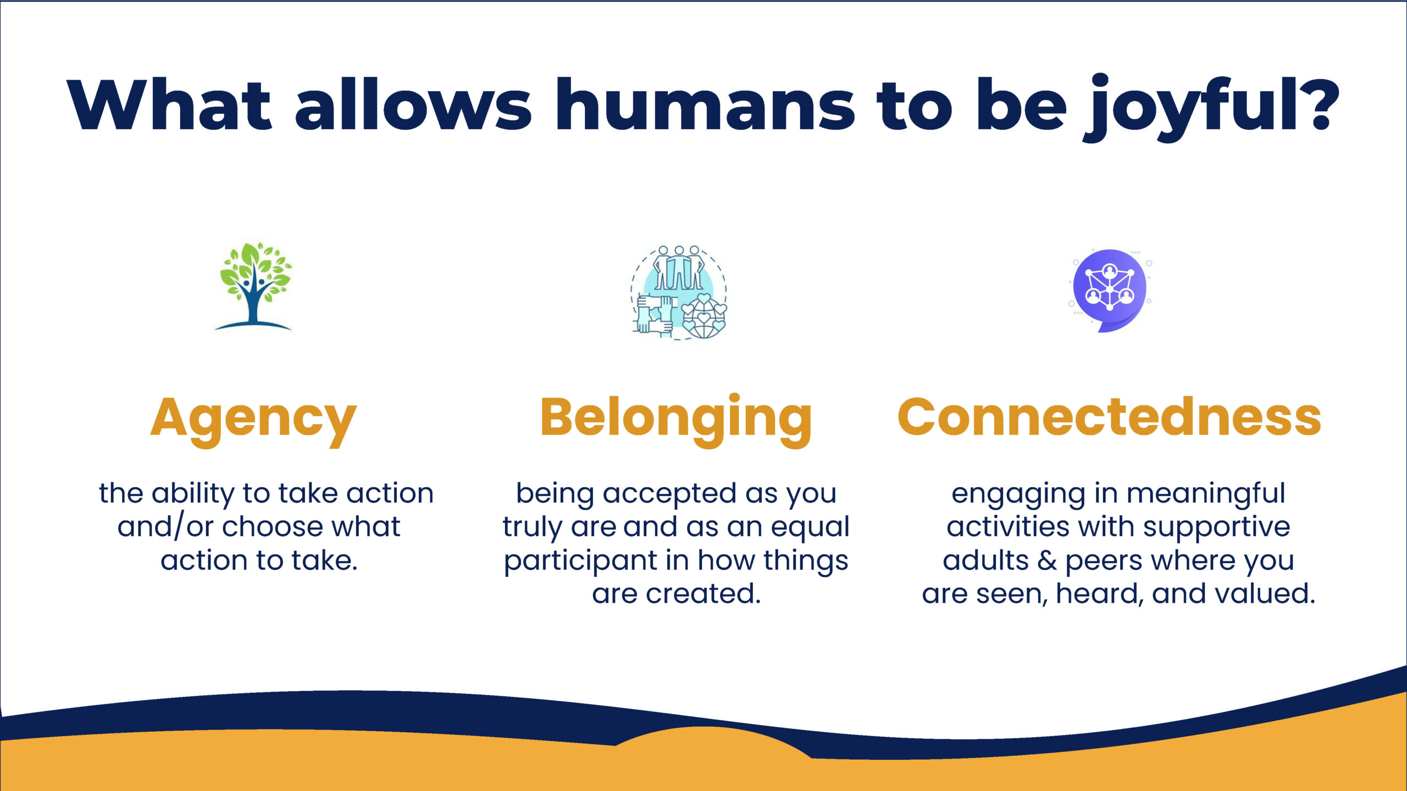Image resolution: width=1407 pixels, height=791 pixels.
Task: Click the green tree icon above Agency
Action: (x=253, y=286)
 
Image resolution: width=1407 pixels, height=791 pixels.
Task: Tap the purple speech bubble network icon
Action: (x=1110, y=290)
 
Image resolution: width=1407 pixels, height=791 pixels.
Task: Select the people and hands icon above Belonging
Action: (x=679, y=292)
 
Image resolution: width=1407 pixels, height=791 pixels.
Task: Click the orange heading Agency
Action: (x=253, y=420)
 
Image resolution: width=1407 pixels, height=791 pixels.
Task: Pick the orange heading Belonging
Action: (x=676, y=420)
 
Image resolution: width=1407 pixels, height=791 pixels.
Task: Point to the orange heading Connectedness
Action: (x=1109, y=417)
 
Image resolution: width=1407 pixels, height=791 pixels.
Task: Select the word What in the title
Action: (x=170, y=104)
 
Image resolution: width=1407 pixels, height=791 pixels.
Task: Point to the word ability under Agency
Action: (x=193, y=494)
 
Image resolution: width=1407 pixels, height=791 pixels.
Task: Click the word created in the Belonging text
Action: (x=703, y=594)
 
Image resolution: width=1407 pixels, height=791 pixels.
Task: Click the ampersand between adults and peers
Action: (x=1047, y=561)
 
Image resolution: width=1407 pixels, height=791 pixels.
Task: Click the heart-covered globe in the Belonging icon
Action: (x=703, y=316)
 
